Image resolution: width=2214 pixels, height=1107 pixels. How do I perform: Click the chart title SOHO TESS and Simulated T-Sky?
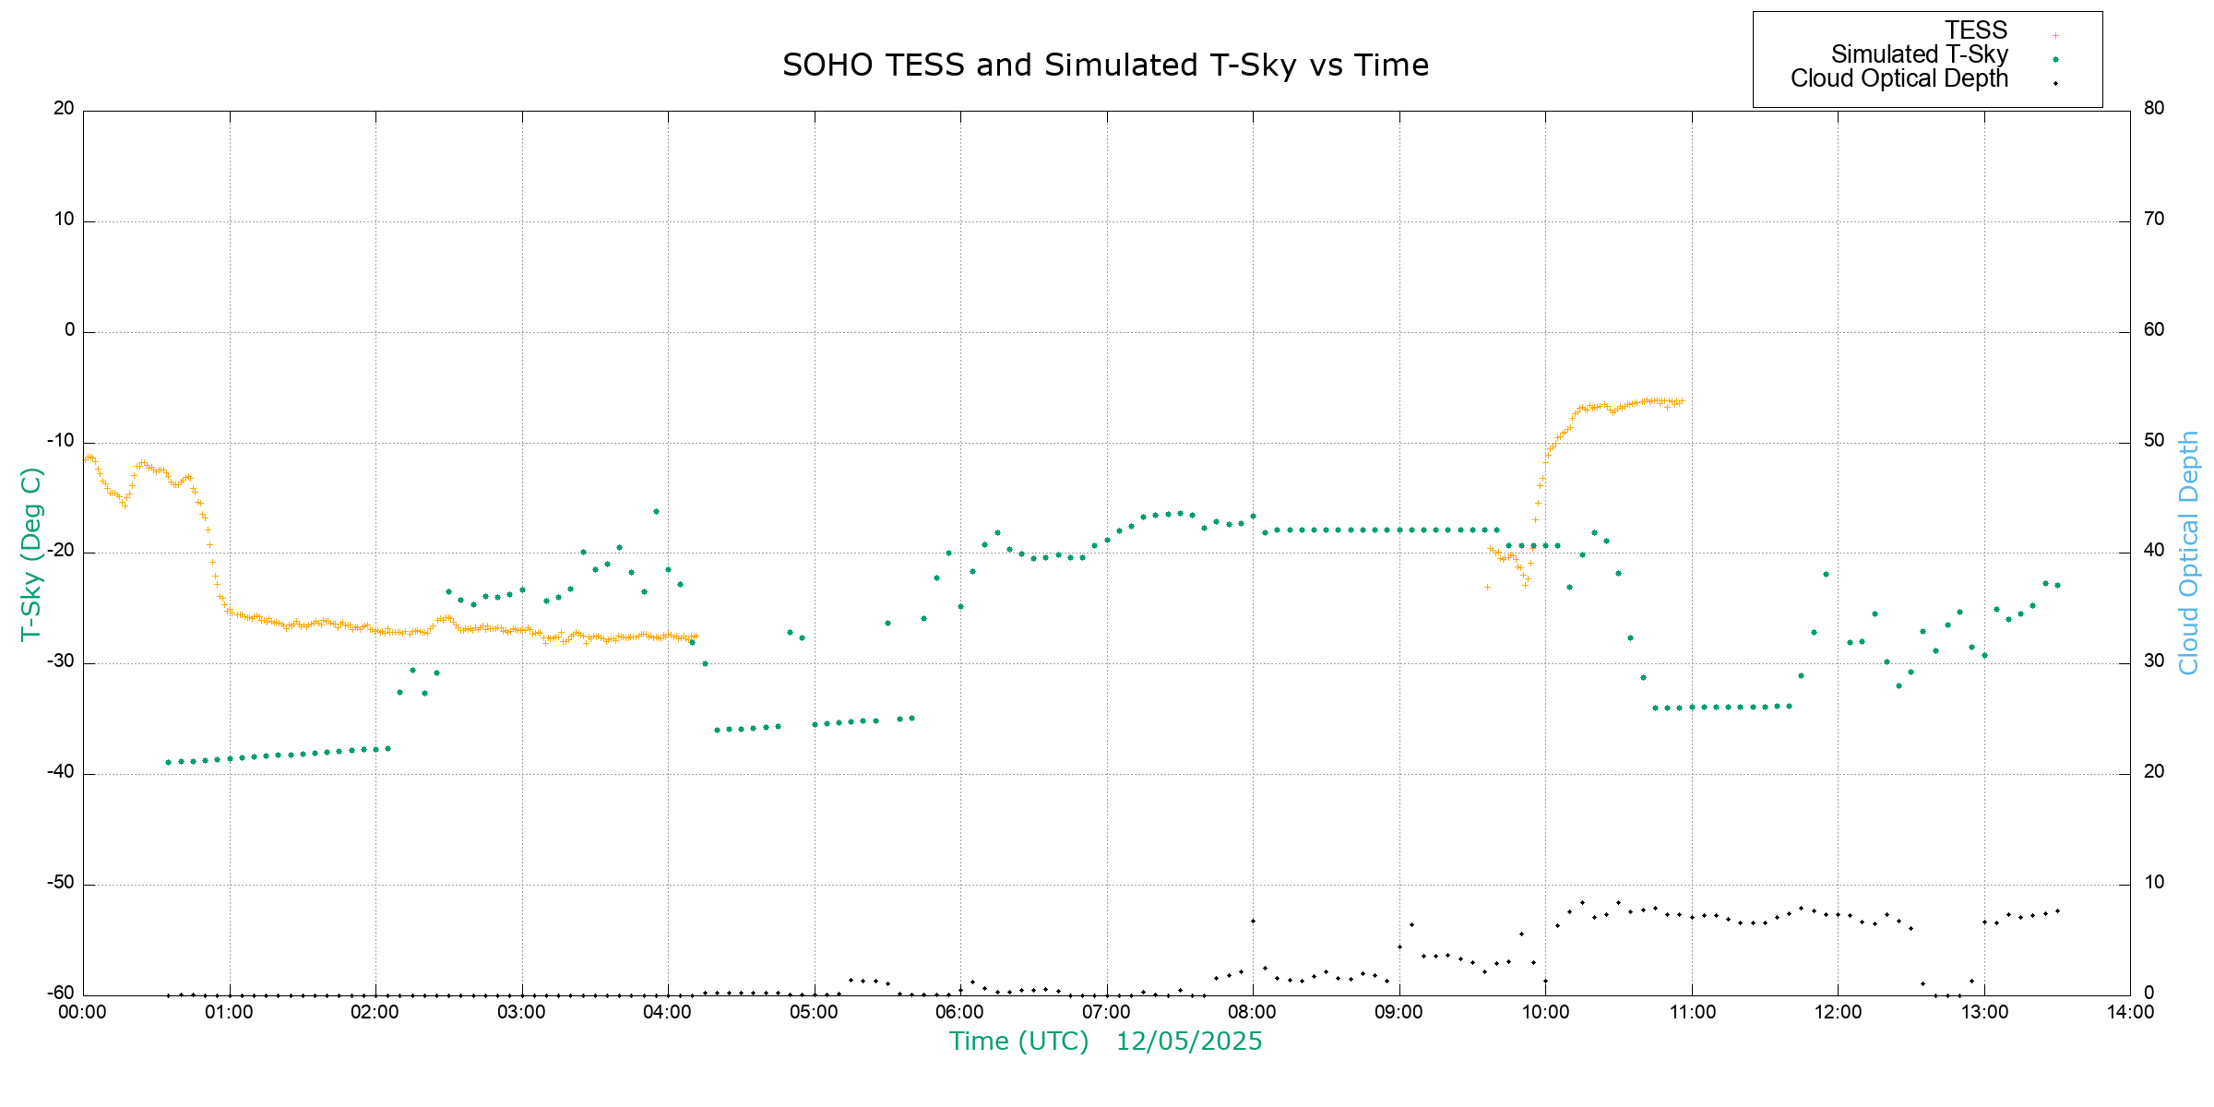pos(1105,65)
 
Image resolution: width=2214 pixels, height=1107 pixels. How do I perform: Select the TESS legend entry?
pos(1976,30)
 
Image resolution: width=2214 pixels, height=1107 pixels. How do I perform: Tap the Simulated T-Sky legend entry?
pos(1919,54)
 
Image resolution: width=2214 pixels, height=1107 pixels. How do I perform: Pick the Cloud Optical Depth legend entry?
pos(1899,78)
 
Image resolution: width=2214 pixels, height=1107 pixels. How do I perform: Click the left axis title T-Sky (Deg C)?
pos(31,553)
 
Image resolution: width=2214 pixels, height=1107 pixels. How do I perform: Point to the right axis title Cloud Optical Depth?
pos(2188,553)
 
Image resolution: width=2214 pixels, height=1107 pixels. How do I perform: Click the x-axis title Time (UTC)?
pos(1018,1042)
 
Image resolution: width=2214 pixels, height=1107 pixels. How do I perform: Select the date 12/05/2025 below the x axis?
pos(1188,1042)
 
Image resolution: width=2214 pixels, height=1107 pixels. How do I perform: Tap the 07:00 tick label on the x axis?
pos(1106,1012)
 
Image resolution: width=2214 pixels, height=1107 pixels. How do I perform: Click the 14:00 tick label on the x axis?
pos(2130,1012)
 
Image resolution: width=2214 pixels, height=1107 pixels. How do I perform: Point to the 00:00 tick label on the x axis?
pos(83,1012)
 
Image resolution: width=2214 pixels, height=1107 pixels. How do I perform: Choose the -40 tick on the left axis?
pos(62,772)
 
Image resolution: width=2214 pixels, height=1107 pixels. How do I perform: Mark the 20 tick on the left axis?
pos(64,109)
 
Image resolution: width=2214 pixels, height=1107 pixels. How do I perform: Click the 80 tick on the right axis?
pos(2153,109)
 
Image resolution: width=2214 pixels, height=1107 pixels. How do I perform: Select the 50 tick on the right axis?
pos(2153,441)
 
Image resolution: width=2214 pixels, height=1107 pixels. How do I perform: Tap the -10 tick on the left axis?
pos(62,441)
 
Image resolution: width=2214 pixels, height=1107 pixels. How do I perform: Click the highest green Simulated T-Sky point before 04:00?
pos(656,511)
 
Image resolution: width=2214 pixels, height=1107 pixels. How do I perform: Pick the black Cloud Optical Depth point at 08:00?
pos(1253,921)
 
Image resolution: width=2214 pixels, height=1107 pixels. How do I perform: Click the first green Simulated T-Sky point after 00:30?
pos(168,762)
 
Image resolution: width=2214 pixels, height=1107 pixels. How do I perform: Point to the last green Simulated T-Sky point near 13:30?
pos(2057,585)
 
